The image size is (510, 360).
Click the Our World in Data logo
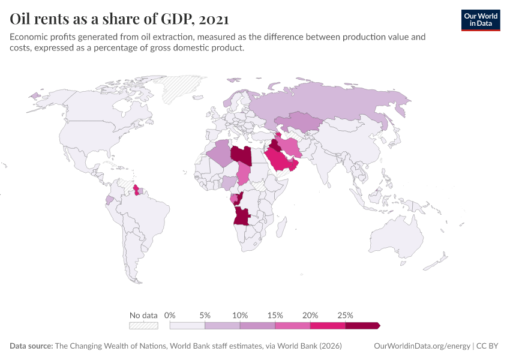pos(480,20)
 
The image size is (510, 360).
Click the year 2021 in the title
pos(212,19)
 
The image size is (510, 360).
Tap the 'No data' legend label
pos(143,315)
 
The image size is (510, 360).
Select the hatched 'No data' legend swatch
pos(143,325)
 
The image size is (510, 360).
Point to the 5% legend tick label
pos(205,315)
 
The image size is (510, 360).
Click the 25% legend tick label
pos(346,315)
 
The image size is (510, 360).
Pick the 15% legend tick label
pos(275,315)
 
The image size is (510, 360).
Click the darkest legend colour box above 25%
pos(362,325)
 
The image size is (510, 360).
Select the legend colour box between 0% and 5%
pos(187,325)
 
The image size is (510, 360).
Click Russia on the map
pos(336,102)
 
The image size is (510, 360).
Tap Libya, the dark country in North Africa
pos(241,154)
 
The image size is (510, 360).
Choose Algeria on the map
pos(219,154)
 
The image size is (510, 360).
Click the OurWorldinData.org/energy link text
pos(422,346)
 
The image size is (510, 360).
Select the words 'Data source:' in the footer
pos(31,346)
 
